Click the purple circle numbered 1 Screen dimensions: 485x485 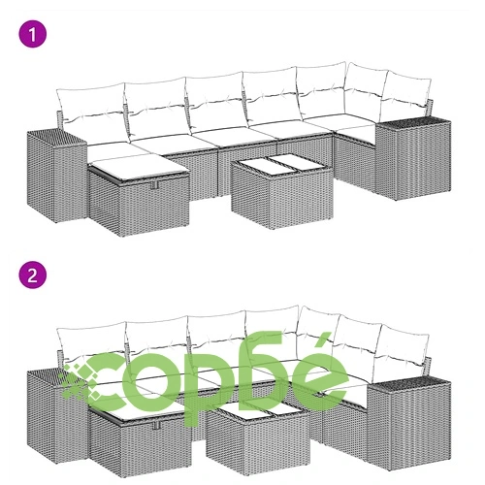point(33,34)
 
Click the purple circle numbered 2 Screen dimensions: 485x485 point(33,275)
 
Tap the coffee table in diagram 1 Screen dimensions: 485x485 point(282,191)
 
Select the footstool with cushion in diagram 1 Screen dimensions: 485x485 point(139,196)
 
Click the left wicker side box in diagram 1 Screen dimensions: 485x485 point(56,177)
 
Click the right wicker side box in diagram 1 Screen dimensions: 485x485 point(413,158)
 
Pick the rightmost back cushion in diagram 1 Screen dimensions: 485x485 point(406,90)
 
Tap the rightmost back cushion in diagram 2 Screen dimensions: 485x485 point(404,343)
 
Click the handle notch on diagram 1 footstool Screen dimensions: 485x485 point(154,185)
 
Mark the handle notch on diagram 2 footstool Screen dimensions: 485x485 point(157,426)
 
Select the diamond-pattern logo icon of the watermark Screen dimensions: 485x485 point(81,381)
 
